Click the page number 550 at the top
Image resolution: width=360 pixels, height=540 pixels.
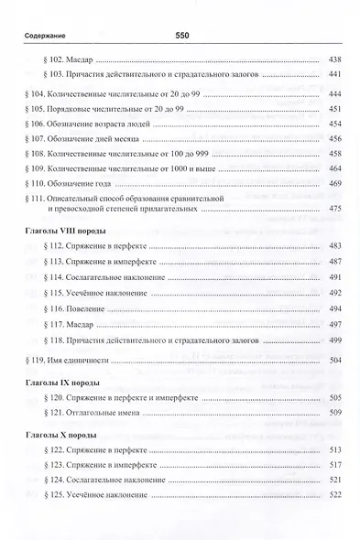[180, 35]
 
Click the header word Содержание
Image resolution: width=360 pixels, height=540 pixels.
[37, 36]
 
